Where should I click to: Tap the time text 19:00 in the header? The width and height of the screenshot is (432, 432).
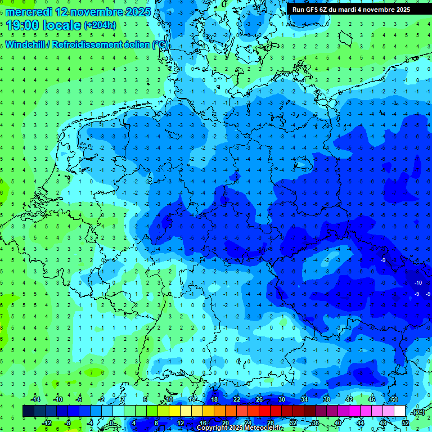[24, 25]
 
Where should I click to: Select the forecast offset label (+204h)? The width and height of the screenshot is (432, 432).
[100, 25]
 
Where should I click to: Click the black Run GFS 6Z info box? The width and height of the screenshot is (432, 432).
[351, 10]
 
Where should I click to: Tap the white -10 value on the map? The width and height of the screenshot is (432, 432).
[418, 282]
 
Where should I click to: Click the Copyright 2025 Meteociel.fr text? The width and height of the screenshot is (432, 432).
[239, 428]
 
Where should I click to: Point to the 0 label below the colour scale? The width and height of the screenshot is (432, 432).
[111, 423]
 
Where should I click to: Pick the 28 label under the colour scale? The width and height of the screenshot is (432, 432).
[270, 423]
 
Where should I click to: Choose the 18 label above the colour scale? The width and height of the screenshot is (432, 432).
[214, 399]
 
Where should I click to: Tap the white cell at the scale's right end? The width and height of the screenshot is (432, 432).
[400, 411]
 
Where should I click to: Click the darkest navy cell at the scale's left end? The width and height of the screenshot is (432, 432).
[28, 411]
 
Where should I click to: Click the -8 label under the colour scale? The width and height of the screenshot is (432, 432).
[67, 423]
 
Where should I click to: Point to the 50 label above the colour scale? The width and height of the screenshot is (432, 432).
[394, 399]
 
